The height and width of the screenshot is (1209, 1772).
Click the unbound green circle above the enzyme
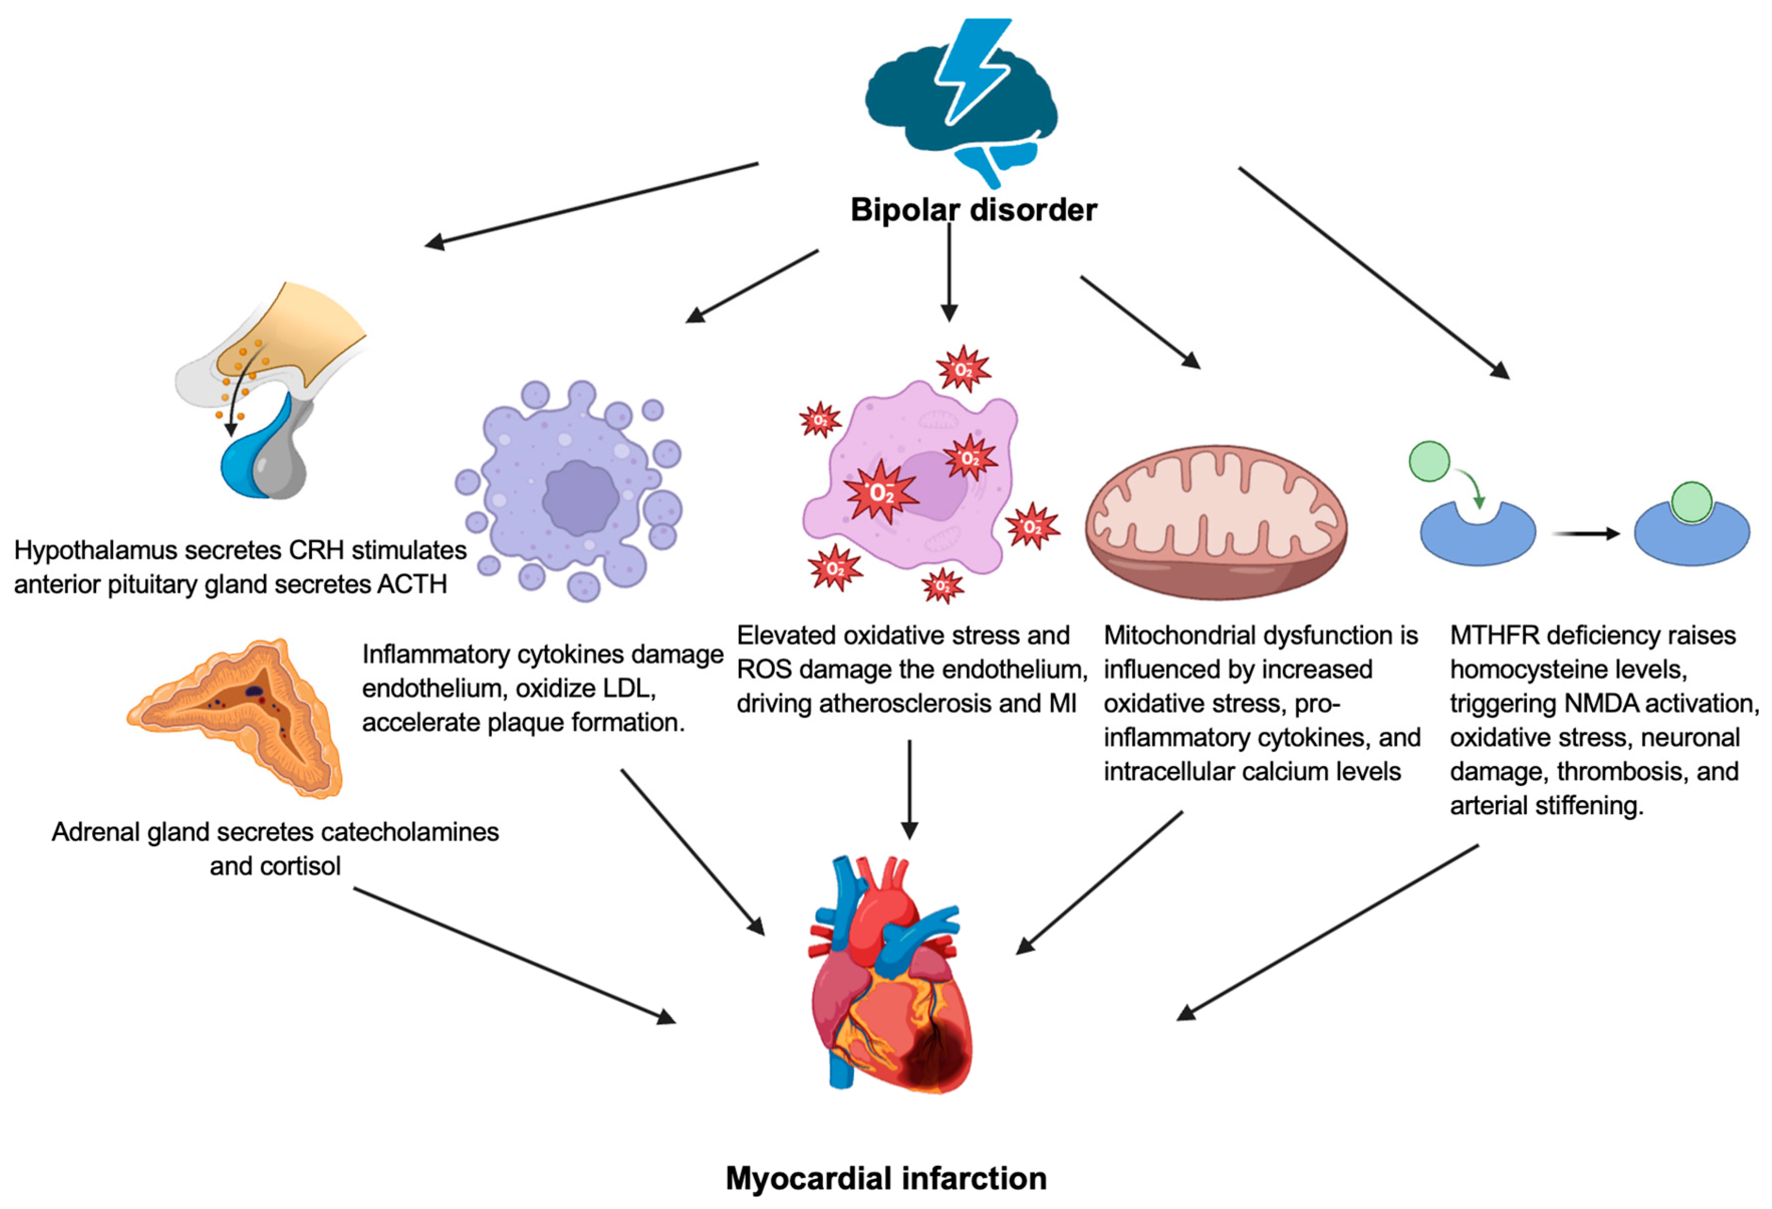tap(1429, 461)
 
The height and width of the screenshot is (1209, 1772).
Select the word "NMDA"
tap(1597, 704)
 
